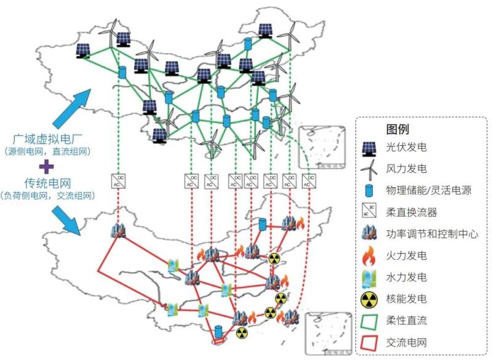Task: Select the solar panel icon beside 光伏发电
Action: tap(370, 148)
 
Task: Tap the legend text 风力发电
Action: tap(407, 169)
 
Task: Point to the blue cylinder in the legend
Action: tap(370, 190)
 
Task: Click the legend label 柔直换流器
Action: tap(411, 212)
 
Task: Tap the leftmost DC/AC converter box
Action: tap(117, 180)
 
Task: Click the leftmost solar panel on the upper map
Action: tap(84, 50)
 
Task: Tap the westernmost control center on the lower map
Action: tap(118, 230)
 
